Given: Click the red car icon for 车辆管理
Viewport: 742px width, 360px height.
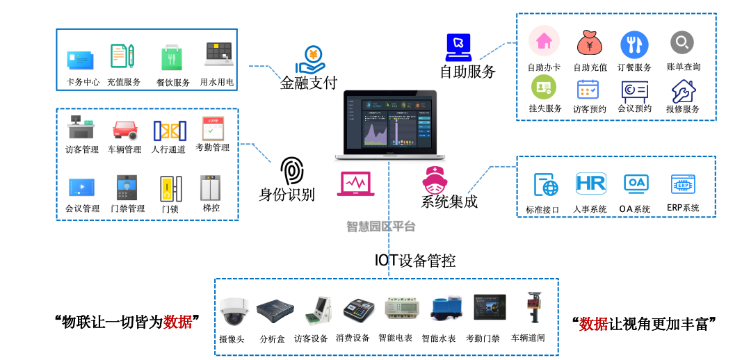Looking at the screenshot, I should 125,129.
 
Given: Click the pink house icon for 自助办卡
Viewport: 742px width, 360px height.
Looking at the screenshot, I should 544,42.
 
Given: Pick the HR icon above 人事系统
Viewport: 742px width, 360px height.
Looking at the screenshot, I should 590,183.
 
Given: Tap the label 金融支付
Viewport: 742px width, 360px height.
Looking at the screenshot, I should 308,83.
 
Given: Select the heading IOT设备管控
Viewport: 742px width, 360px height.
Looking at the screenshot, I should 415,261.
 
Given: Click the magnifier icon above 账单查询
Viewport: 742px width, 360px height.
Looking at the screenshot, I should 681,42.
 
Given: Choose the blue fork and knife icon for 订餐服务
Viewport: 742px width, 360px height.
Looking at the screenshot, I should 634,44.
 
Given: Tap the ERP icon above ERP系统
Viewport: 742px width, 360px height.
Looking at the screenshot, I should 683,184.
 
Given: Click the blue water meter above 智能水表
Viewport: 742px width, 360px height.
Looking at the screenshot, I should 439,309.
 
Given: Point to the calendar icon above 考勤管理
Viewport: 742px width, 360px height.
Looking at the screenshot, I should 213,129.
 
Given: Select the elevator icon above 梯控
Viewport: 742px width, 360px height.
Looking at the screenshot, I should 210,187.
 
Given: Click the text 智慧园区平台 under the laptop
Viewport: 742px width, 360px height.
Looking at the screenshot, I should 381,226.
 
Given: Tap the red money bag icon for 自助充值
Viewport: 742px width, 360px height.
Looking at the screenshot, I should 589,44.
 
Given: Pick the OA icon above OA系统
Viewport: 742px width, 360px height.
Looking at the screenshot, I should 636,183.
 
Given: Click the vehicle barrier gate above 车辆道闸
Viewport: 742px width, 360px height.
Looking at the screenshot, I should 533,307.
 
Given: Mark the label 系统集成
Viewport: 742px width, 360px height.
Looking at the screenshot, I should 449,202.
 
